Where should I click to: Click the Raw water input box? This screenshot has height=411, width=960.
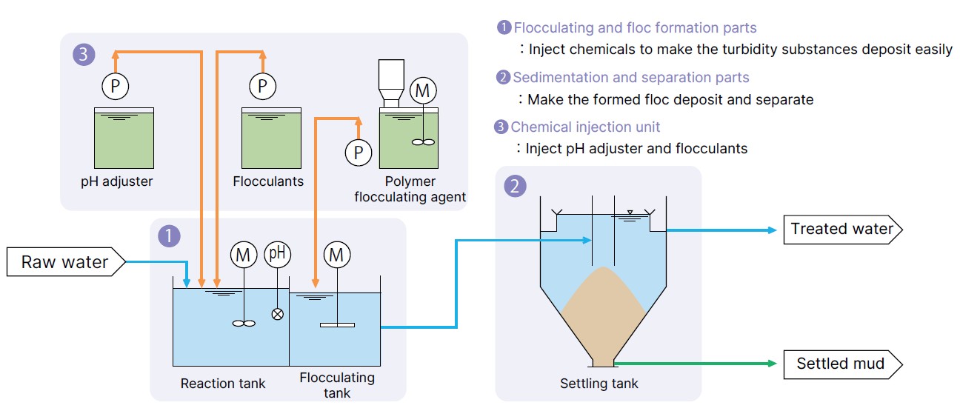[x=66, y=261]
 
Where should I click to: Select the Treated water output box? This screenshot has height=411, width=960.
[x=843, y=230]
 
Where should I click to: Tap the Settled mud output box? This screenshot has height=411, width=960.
[x=843, y=364]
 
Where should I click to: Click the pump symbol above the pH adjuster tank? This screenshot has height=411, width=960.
[x=116, y=86]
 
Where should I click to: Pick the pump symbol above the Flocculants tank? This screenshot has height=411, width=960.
[x=263, y=86]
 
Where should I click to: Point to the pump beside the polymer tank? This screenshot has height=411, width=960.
[x=359, y=153]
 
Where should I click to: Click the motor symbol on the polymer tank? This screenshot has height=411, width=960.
[x=423, y=90]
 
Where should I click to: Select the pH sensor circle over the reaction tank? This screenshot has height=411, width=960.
[x=278, y=254]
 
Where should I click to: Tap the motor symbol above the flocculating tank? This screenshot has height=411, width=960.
[x=337, y=255]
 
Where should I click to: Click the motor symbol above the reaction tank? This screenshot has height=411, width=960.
[x=244, y=255]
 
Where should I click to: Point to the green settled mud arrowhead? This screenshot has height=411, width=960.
[x=773, y=364]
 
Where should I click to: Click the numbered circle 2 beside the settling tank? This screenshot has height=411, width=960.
[x=515, y=186]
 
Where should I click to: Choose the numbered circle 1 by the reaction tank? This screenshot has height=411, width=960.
[x=170, y=236]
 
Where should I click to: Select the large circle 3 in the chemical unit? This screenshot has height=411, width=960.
[x=84, y=54]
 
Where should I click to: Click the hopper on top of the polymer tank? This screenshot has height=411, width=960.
[x=391, y=83]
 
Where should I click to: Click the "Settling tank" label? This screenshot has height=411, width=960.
[x=599, y=384]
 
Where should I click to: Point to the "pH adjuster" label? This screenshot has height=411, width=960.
[x=116, y=181]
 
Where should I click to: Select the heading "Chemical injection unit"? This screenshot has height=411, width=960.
[x=585, y=127]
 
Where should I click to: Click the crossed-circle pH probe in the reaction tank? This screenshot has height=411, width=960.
[x=278, y=314]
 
